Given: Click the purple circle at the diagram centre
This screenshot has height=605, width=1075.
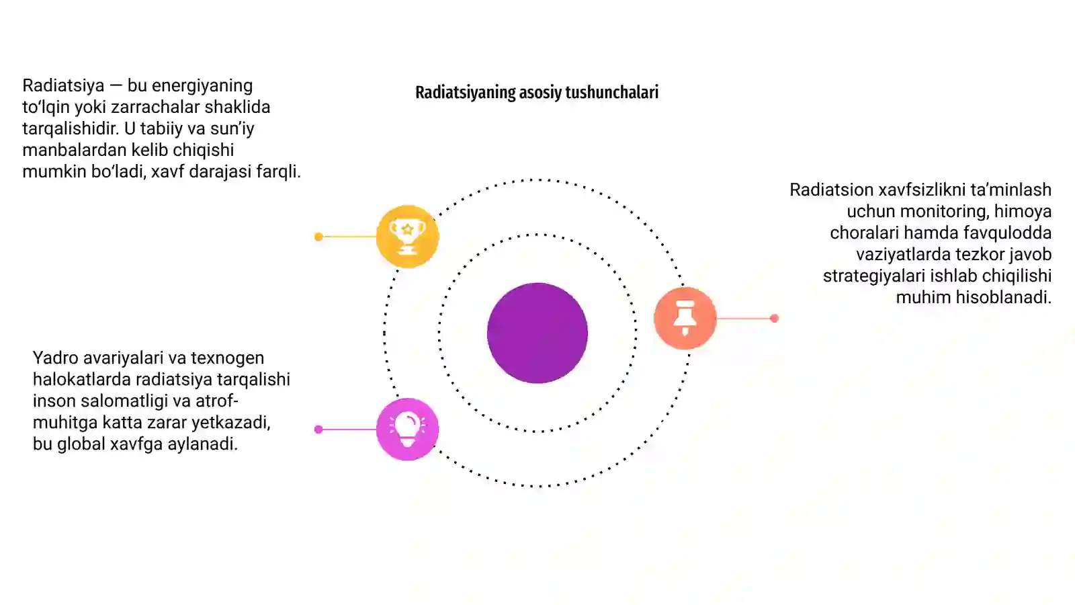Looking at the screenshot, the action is [537, 333].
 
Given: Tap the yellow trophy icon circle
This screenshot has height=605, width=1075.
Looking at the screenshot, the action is [407, 236].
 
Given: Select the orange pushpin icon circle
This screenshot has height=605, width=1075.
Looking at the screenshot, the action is [685, 318].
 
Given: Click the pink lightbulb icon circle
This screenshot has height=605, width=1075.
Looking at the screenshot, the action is [407, 430].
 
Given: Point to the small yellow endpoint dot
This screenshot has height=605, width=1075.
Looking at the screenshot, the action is [318, 237].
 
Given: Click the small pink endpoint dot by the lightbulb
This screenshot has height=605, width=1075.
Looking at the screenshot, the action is [318, 430].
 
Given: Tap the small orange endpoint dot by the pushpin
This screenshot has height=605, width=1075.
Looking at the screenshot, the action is [774, 319].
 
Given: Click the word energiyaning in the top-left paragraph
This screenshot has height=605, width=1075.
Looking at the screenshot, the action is [202, 86].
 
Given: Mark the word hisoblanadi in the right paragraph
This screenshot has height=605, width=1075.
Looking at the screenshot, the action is [1004, 297].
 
